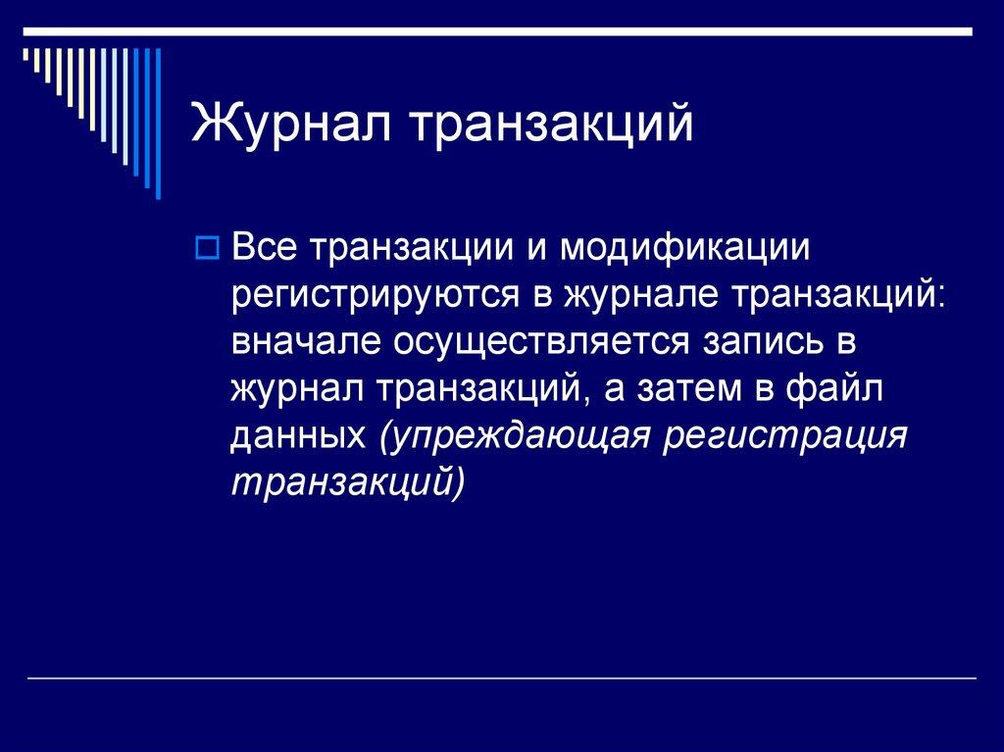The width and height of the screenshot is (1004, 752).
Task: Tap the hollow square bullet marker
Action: point(207,250)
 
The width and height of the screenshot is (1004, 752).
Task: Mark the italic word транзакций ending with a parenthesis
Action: point(345,482)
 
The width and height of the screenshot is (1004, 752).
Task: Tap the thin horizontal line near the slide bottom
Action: point(502,677)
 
